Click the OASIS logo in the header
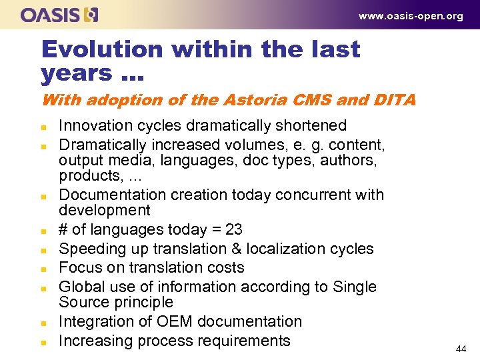(x=59, y=15)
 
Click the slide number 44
(x=461, y=349)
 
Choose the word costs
(x=226, y=268)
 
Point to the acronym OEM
(x=170, y=321)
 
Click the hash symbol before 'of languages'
(x=63, y=230)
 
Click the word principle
(x=142, y=302)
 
